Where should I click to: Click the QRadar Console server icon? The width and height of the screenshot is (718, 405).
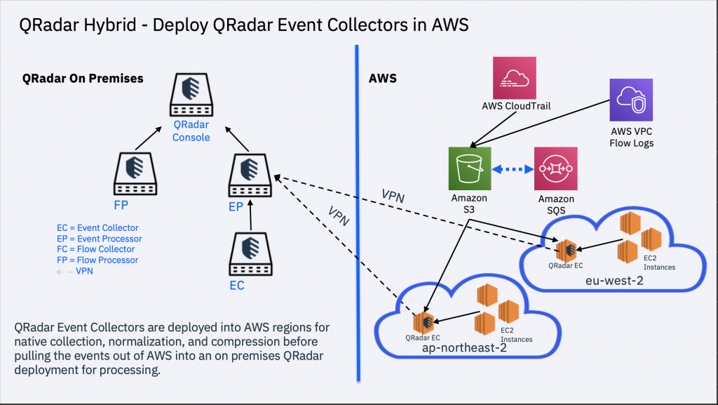(x=191, y=96)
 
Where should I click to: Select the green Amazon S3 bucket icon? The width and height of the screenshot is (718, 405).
(x=470, y=168)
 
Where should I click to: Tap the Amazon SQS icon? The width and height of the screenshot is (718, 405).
(x=556, y=168)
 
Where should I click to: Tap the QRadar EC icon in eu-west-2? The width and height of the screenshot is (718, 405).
(x=567, y=249)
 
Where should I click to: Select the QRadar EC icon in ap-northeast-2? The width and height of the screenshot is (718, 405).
(x=422, y=322)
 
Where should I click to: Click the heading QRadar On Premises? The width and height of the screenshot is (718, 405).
(x=83, y=79)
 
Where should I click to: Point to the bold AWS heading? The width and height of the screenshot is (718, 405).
(x=383, y=79)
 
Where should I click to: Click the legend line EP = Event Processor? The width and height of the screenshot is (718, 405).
(x=100, y=239)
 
